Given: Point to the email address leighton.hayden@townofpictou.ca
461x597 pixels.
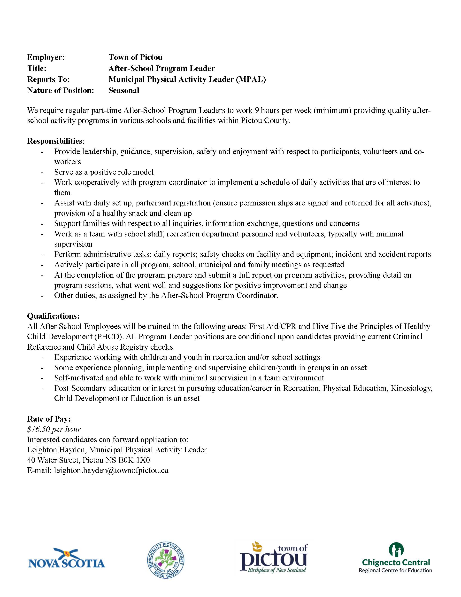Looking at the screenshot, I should tap(111, 471).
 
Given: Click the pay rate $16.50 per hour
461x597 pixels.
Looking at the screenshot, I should tap(54, 429).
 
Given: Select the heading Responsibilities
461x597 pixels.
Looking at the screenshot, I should tap(55, 141).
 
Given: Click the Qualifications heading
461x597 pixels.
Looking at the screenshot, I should tap(53, 316).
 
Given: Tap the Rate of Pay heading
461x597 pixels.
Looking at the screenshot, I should tap(49, 419).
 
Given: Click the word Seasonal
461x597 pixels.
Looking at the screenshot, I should tap(124, 90).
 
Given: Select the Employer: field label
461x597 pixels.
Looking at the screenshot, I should tap(46, 57).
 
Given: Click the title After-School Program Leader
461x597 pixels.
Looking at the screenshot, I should tap(161, 68).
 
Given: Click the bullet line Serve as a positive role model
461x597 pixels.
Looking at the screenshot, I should tap(104, 172).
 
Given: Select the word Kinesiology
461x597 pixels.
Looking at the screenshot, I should tap(411, 388).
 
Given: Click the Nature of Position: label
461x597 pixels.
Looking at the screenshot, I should tap(61, 90).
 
